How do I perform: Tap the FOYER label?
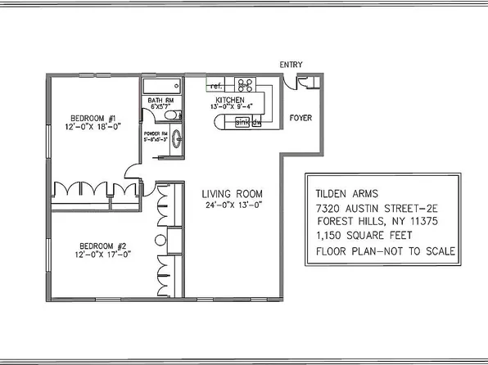click(x=301, y=118)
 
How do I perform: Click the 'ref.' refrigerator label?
click(x=217, y=85)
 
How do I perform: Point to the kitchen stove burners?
click(x=244, y=83)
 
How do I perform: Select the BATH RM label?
click(x=160, y=101)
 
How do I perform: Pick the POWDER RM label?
click(x=156, y=132)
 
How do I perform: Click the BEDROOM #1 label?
click(x=93, y=117)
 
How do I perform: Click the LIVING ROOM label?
click(x=233, y=194)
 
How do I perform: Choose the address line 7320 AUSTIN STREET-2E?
click(x=378, y=209)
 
